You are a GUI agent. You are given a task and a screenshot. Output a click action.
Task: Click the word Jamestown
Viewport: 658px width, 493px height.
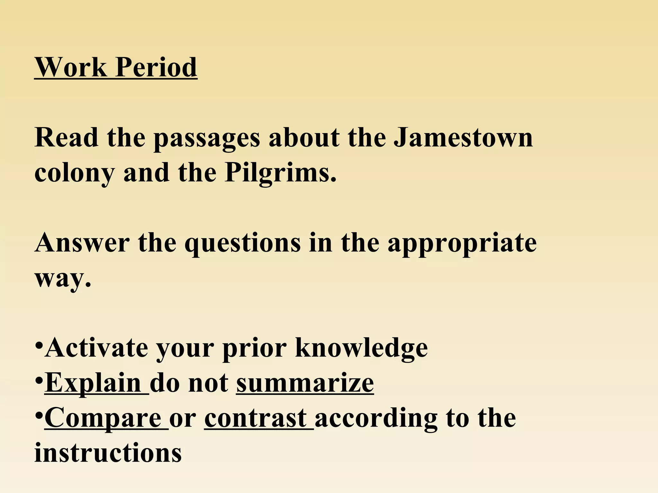pyautogui.click(x=463, y=137)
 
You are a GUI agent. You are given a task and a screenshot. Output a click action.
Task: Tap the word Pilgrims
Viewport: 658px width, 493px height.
pyautogui.click(x=280, y=173)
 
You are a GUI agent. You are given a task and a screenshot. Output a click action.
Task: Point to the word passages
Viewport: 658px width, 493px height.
pyautogui.click(x=207, y=139)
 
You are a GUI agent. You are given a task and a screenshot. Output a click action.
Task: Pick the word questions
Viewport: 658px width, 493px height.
pyautogui.click(x=243, y=243)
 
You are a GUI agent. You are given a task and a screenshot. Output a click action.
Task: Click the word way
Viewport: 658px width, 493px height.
pyautogui.click(x=63, y=278)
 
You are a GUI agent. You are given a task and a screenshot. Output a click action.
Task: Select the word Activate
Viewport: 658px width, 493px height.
pyautogui.click(x=96, y=348)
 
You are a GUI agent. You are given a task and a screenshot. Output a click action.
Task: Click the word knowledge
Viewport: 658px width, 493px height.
pyautogui.click(x=361, y=348)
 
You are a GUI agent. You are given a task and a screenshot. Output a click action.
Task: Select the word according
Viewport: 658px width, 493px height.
pyautogui.click(x=376, y=419)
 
